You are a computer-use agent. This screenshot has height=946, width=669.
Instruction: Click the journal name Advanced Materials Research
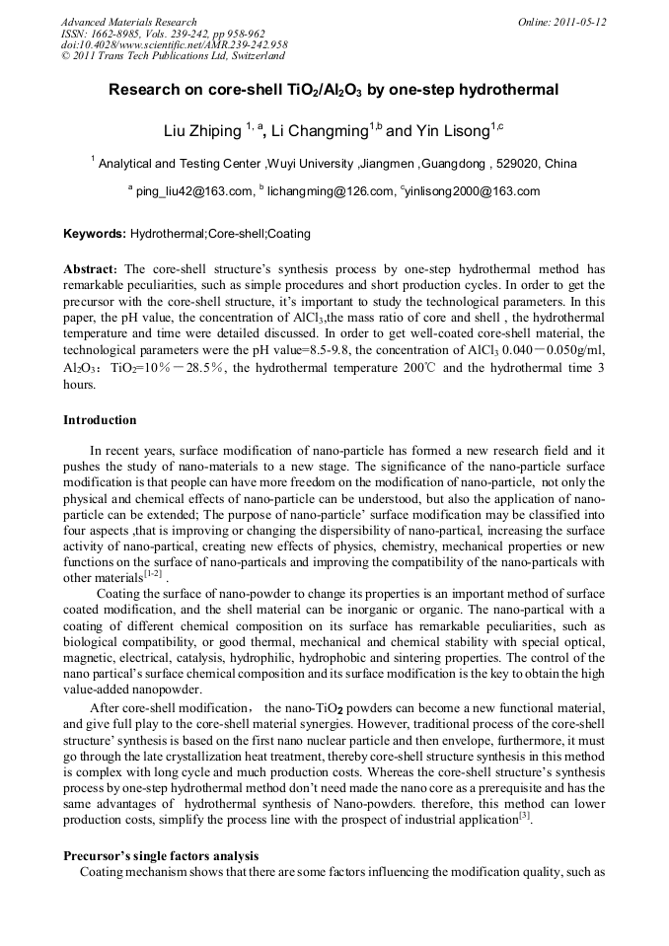click(x=128, y=22)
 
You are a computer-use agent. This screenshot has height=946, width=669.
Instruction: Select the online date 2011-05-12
click(x=579, y=22)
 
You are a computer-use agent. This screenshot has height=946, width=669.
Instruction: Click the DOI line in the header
click(x=174, y=45)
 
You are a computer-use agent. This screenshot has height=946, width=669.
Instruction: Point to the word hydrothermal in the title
click(x=505, y=90)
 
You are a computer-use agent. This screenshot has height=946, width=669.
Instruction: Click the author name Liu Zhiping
click(x=201, y=131)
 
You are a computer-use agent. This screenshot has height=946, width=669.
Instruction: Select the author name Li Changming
click(x=319, y=131)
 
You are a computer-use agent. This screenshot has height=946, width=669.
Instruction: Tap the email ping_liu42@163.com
click(x=193, y=191)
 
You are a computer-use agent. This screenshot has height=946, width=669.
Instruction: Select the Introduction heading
click(x=100, y=420)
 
